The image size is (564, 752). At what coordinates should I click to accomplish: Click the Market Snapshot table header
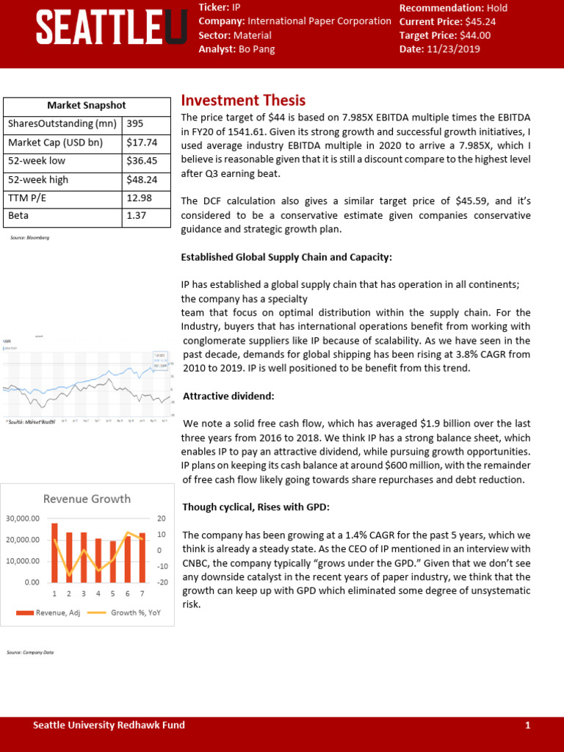tap(87, 106)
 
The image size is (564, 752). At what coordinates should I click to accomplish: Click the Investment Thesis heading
tap(243, 101)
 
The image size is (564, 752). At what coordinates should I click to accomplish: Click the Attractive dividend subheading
tap(228, 396)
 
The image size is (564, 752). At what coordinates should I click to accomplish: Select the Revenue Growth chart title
tap(87, 499)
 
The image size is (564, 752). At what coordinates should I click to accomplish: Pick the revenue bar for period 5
tap(112, 561)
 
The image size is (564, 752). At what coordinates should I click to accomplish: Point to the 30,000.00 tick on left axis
tap(23, 518)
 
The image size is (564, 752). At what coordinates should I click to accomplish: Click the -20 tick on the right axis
tap(162, 582)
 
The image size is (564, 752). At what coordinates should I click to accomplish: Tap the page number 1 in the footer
tap(527, 726)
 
